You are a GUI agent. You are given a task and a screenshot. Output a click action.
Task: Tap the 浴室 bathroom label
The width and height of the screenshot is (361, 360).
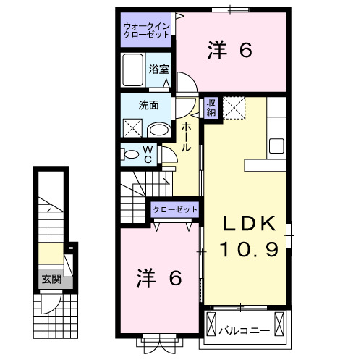coord(159,70)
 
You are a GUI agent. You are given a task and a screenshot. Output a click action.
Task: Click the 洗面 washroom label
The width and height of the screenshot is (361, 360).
coord(148,104)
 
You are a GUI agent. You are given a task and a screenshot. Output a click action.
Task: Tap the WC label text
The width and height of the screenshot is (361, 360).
coord(147,154)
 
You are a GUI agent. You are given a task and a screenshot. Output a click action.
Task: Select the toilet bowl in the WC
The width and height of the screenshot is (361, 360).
coord(130,154)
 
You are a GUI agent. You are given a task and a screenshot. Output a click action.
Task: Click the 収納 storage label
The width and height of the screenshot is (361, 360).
coord(211,108)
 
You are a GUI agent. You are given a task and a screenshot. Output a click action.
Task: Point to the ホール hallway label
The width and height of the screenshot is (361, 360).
coord(187,135)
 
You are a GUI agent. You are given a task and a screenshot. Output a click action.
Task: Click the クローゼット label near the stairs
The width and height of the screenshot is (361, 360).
coord(175,209)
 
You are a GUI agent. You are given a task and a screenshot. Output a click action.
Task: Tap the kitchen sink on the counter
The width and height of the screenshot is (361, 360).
coord(278,145)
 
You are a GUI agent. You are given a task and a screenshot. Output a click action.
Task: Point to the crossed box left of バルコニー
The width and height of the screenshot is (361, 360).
coord(211,320)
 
